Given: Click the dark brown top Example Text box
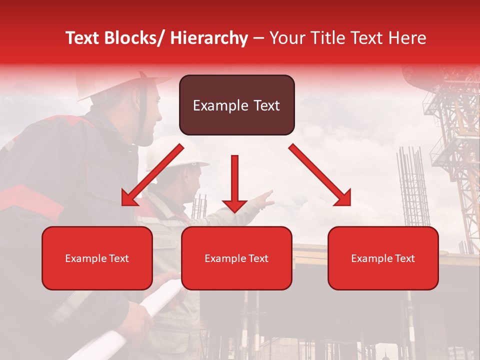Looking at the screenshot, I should tap(236, 105).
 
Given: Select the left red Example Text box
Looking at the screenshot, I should tap(97, 258).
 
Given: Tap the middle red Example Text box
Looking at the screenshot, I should tap(236, 258).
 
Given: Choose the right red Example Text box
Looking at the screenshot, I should tap(383, 258).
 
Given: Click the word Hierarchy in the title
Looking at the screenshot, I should tap(208, 38).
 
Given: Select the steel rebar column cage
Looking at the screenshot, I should tap(413, 185).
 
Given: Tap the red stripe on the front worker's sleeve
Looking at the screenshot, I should tap(30, 200).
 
